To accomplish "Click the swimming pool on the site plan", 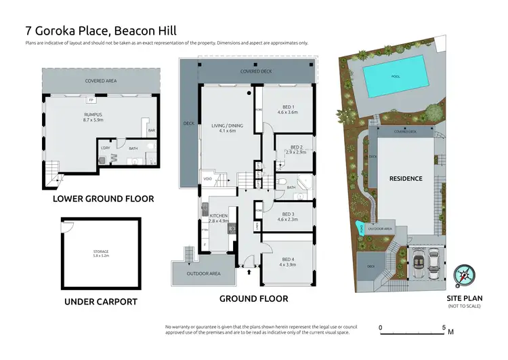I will pos(396,77).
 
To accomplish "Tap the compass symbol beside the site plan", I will pos(465,275).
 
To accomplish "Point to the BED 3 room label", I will pos(287,216).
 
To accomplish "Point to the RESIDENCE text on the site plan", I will pos(406,179).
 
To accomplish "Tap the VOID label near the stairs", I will pos(207,179).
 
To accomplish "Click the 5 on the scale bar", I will pos(443,327).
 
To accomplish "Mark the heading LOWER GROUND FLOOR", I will pos(103,199).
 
